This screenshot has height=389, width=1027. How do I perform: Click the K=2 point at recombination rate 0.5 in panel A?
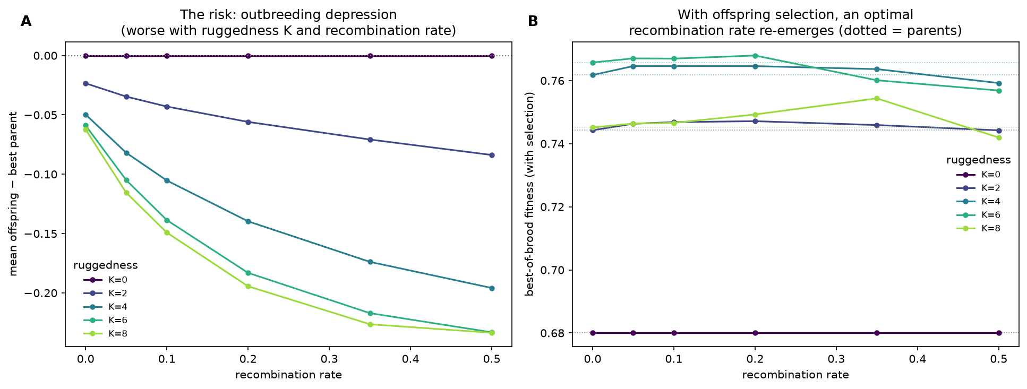point(492,155)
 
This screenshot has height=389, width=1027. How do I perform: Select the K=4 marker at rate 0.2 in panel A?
point(248,221)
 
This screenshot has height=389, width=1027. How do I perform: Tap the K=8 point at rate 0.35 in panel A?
point(370,324)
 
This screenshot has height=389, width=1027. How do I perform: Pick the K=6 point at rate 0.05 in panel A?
point(126,180)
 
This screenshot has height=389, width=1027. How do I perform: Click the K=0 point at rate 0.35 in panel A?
point(370,56)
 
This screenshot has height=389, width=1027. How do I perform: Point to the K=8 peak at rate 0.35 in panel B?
point(877,98)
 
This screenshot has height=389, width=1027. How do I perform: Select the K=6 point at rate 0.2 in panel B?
point(755,56)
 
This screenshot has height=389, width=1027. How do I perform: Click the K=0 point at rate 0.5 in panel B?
point(999,333)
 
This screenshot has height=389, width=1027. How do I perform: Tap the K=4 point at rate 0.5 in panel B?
point(999,83)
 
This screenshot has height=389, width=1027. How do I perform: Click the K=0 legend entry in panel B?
point(978,175)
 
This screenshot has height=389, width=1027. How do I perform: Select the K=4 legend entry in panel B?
point(978,202)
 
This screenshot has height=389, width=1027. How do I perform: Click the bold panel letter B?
point(533,21)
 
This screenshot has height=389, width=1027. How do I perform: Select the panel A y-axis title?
point(14,194)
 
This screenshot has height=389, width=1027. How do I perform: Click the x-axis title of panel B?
point(795,375)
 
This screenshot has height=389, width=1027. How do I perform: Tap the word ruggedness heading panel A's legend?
point(106,265)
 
